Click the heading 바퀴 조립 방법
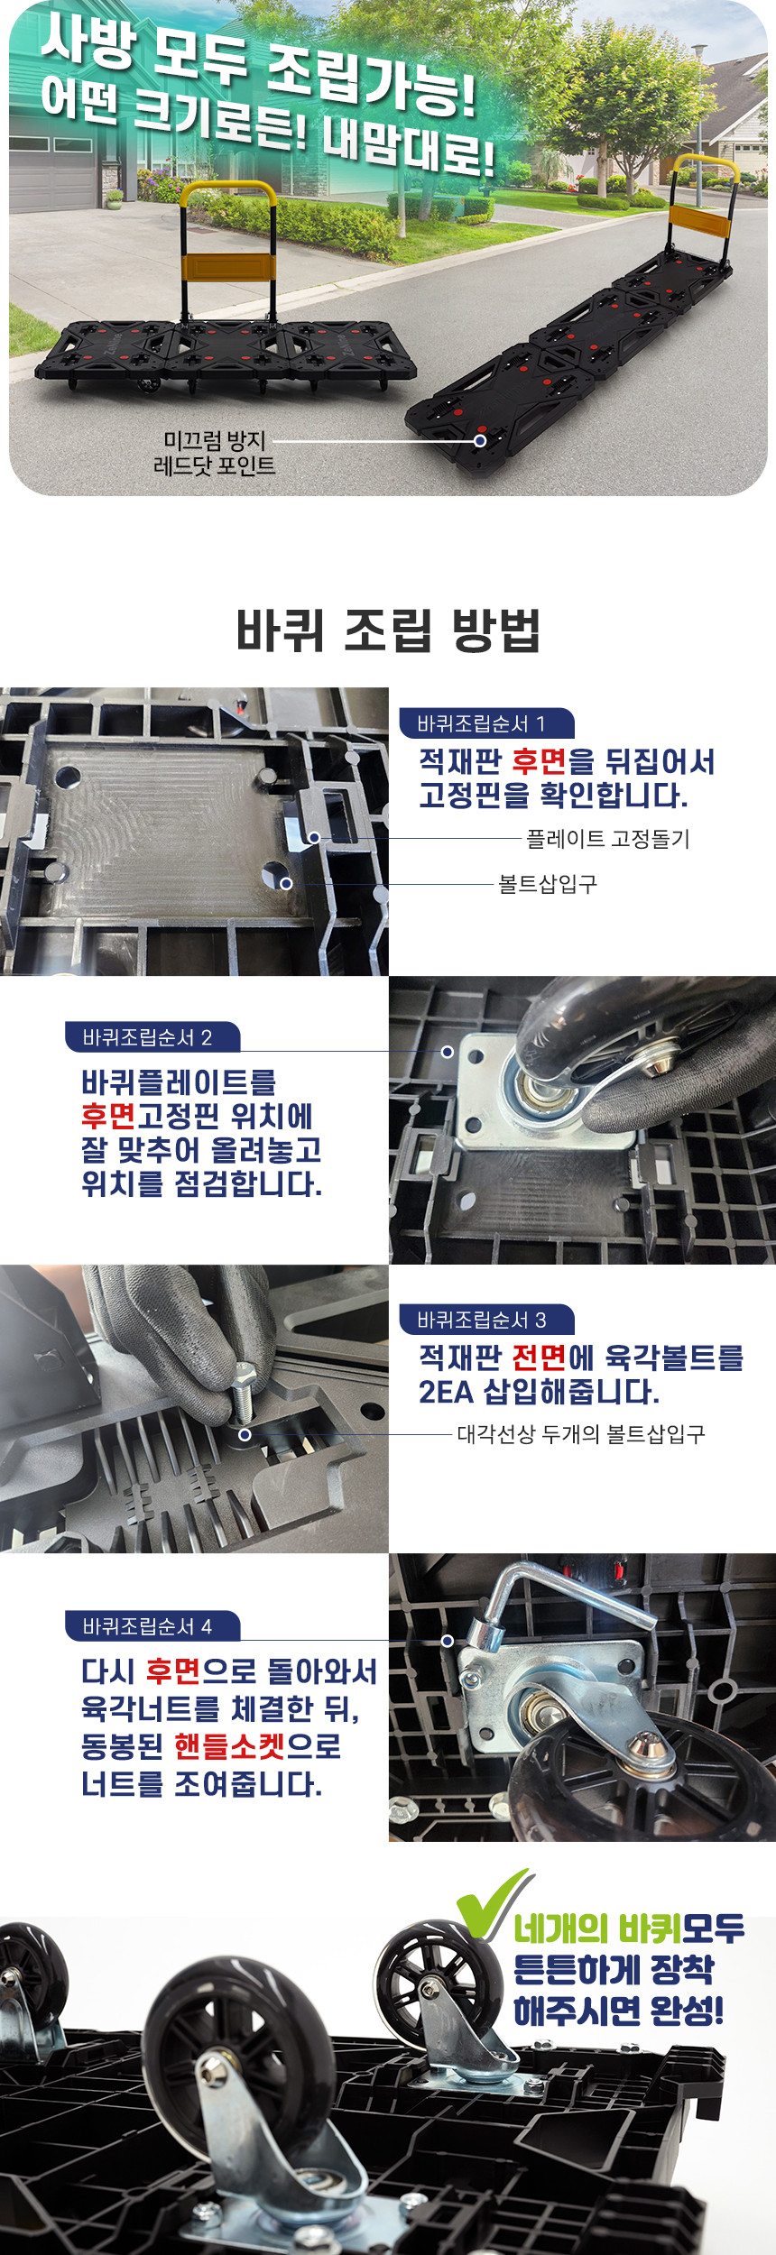388,630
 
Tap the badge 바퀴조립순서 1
486,723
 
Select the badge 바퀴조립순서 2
152,1037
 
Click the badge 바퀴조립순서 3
486,1320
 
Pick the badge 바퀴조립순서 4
152,1626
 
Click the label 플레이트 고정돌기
608,839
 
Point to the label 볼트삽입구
548,884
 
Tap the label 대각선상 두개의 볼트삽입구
581,1434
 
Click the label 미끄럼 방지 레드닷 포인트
215,453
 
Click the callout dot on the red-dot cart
480,440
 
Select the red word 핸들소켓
230,1746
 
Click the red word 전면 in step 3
539,1358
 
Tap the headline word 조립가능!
371,87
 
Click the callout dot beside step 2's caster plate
448,1052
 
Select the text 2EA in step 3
446,1392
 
